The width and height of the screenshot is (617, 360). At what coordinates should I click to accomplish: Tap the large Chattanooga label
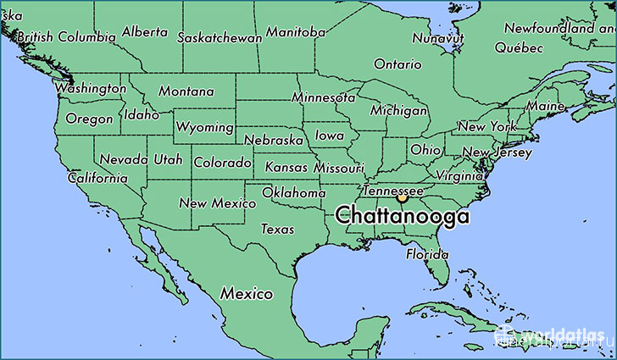pos(402,216)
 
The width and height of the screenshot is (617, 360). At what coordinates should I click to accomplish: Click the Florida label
pos(426,254)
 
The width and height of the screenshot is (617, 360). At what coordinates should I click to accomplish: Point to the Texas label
pos(277,229)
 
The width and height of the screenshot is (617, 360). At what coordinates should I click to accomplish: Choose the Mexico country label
pos(247,294)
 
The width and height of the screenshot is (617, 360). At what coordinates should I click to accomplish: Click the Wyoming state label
pos(204,127)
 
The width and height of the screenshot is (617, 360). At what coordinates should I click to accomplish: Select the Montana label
pos(186,91)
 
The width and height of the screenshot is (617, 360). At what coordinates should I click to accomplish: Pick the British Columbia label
pos(65,37)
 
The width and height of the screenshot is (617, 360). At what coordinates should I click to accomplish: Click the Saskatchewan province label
pos(220,37)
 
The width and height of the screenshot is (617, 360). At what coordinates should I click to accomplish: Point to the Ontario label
pos(397,64)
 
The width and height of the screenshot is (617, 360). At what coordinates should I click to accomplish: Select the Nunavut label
pos(437,38)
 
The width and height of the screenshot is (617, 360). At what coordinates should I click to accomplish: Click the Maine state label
pos(545,107)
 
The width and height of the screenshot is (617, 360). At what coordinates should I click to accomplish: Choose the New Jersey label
pos(496,153)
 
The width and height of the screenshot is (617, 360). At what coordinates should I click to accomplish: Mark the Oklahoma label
pos(293,193)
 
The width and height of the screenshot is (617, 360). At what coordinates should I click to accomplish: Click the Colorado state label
pos(222,162)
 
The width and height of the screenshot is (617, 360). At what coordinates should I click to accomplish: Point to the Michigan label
pos(398,111)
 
